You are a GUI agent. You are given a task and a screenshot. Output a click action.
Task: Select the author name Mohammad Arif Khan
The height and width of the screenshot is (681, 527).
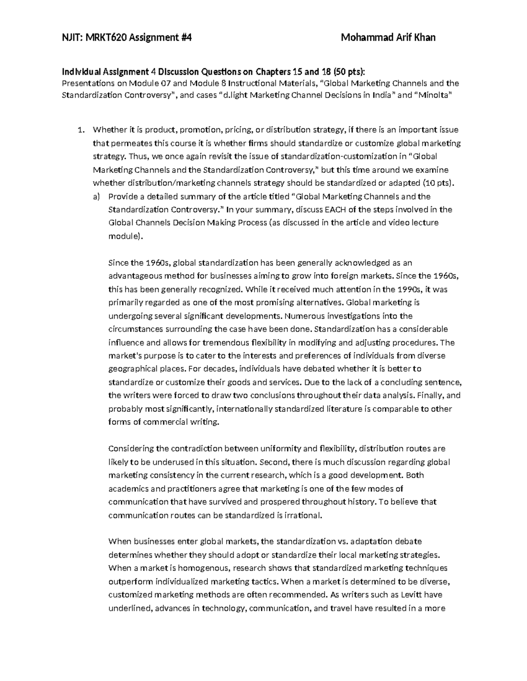coord(388,38)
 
